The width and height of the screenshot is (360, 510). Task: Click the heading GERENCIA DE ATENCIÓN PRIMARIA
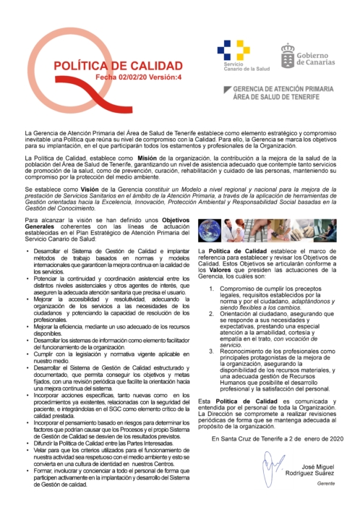click(283, 88)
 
